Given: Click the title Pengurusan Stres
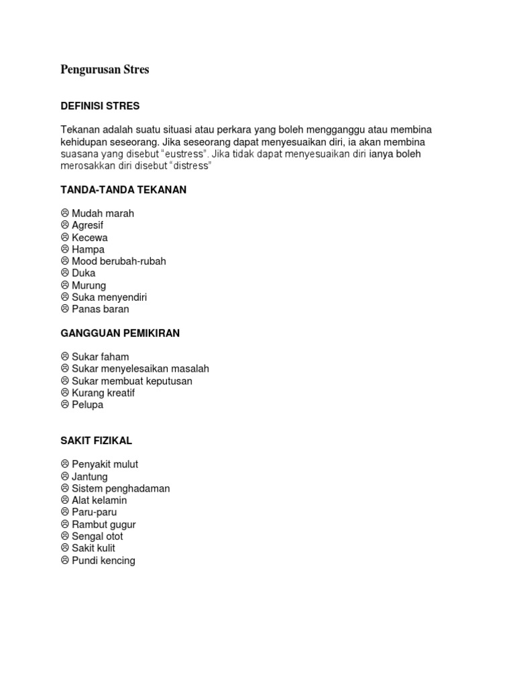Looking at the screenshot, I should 105,70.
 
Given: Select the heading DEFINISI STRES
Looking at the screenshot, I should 100,106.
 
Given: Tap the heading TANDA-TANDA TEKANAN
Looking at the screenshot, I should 123,190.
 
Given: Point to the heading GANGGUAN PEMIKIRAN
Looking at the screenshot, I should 120,333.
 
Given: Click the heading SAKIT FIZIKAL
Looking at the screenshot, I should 96,441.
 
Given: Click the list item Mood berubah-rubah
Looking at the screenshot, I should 119,261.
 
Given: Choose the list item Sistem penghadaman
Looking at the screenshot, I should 121,488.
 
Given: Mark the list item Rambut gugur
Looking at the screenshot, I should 103,525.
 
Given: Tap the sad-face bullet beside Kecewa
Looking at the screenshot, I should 65,237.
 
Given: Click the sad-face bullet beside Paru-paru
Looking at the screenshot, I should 65,512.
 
